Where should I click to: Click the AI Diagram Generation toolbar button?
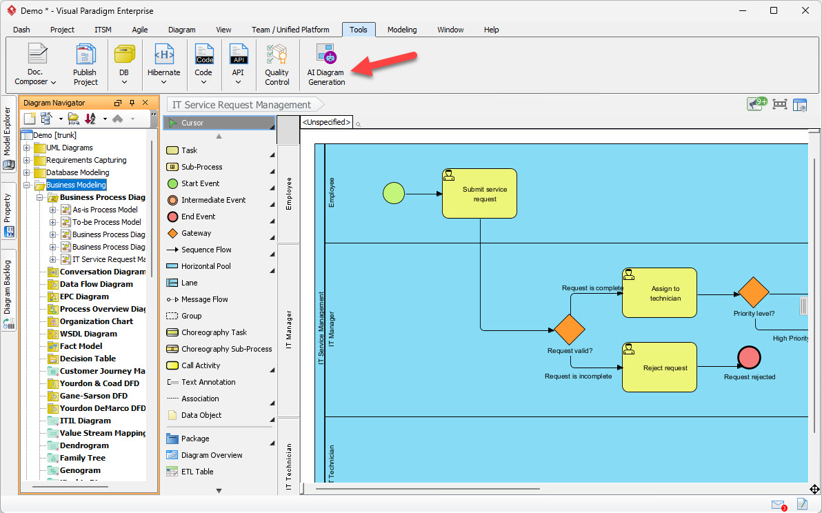click(x=325, y=64)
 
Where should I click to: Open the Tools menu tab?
click(x=358, y=30)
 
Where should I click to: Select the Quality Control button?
click(x=277, y=64)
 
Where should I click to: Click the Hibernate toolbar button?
click(x=163, y=64)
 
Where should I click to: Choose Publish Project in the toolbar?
click(x=86, y=64)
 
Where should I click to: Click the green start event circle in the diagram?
click(x=394, y=193)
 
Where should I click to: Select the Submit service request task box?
click(x=479, y=193)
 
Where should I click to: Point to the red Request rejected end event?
click(x=749, y=357)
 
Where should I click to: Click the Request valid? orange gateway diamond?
click(x=569, y=330)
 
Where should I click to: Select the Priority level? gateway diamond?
click(x=753, y=292)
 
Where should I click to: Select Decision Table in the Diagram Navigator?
click(x=88, y=359)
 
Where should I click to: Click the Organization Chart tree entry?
click(x=96, y=321)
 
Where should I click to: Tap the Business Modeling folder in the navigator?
click(x=76, y=185)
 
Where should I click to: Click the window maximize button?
click(x=773, y=10)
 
